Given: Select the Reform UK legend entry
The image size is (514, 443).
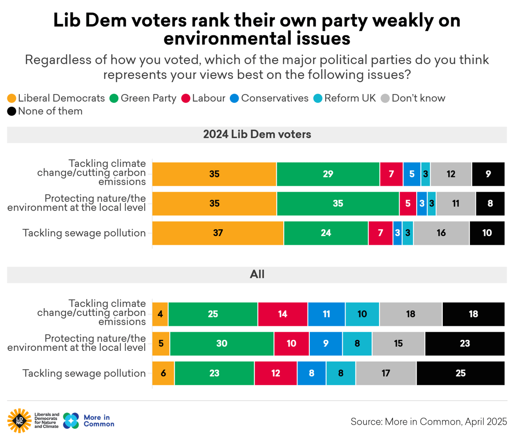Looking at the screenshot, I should coord(345,98).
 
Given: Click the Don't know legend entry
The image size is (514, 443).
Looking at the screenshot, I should coord(413,98).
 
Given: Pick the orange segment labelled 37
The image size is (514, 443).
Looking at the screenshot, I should coord(218,233).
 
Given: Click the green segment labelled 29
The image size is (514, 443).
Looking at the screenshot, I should coord(328,174).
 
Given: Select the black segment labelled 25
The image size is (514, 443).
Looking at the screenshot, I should coord(460,373).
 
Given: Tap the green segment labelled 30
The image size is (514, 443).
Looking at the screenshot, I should coord(222,343).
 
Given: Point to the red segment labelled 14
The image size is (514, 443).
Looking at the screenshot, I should coord(283,314).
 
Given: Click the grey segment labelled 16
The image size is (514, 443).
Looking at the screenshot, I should coord(441,233).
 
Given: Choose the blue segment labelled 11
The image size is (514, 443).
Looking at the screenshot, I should coord(326,314).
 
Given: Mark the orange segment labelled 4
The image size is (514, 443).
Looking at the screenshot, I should coord(160,314).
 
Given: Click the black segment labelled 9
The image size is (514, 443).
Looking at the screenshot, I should coord(488,174).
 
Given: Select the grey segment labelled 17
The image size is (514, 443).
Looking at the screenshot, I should coord(386,373).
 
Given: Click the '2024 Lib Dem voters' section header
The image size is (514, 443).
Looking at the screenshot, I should coord(257,135).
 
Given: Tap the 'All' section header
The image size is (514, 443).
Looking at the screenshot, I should coord(257,275).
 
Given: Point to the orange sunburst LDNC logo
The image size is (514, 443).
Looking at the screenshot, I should coord(19,421).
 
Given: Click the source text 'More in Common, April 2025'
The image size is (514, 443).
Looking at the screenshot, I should coord(429,421).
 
